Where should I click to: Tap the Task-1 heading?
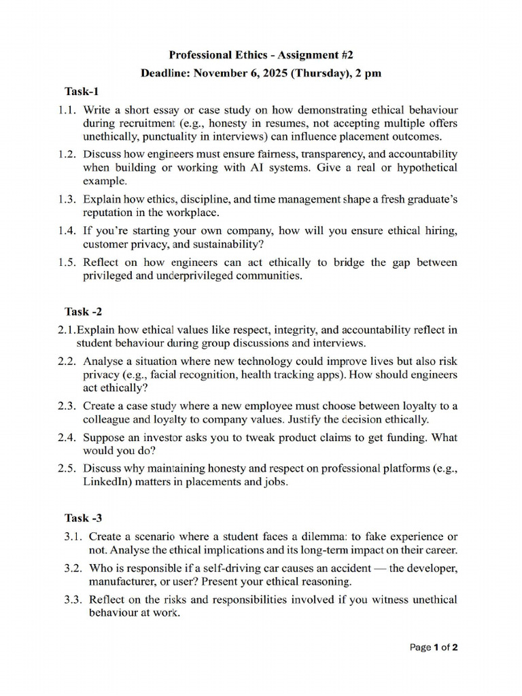(x=82, y=91)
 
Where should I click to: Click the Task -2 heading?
(x=84, y=311)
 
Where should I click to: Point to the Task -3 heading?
(x=84, y=518)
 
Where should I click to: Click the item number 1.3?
(x=68, y=199)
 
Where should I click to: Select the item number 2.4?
(x=68, y=437)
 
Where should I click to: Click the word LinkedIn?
(x=109, y=482)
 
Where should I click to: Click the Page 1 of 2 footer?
(x=434, y=647)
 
